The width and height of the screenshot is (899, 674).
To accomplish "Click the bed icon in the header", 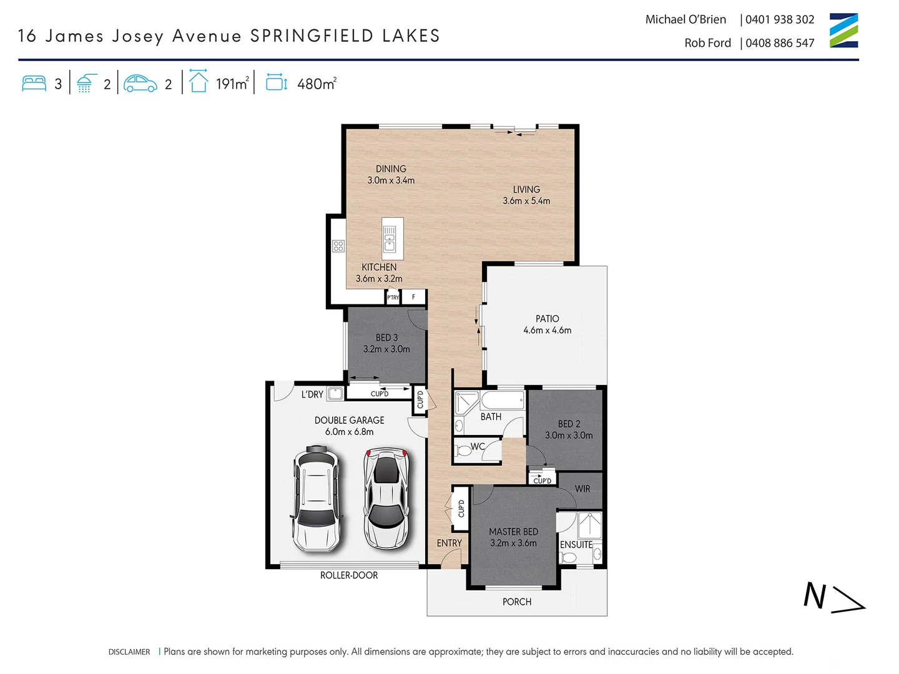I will pyautogui.click(x=34, y=84).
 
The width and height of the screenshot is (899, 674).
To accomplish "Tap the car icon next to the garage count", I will pyautogui.click(x=140, y=84).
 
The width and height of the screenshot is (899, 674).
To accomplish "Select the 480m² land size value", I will pyautogui.click(x=317, y=84).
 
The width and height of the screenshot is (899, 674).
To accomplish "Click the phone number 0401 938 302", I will pyautogui.click(x=780, y=19).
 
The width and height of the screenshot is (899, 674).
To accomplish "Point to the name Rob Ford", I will pyautogui.click(x=707, y=43).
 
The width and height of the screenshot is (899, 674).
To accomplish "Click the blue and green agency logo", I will pyautogui.click(x=843, y=31).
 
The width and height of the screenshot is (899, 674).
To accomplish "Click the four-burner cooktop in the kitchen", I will pyautogui.click(x=338, y=246).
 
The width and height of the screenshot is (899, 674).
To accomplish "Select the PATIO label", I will pyautogui.click(x=547, y=319).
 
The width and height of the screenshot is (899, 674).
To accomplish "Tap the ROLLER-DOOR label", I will pyautogui.click(x=349, y=575).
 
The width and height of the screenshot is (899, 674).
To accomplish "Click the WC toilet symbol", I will pyautogui.click(x=463, y=449).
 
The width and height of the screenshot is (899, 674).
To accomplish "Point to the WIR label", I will pyautogui.click(x=582, y=489).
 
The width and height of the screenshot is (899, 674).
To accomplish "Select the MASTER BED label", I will pyautogui.click(x=513, y=532).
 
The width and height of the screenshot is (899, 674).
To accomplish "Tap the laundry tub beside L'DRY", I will pyautogui.click(x=335, y=394).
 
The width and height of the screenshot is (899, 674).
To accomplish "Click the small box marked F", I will pyautogui.click(x=413, y=297).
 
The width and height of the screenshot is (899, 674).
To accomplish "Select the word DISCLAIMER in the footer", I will pyautogui.click(x=129, y=652).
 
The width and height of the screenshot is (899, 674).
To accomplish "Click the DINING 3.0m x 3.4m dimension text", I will pyautogui.click(x=391, y=180).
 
